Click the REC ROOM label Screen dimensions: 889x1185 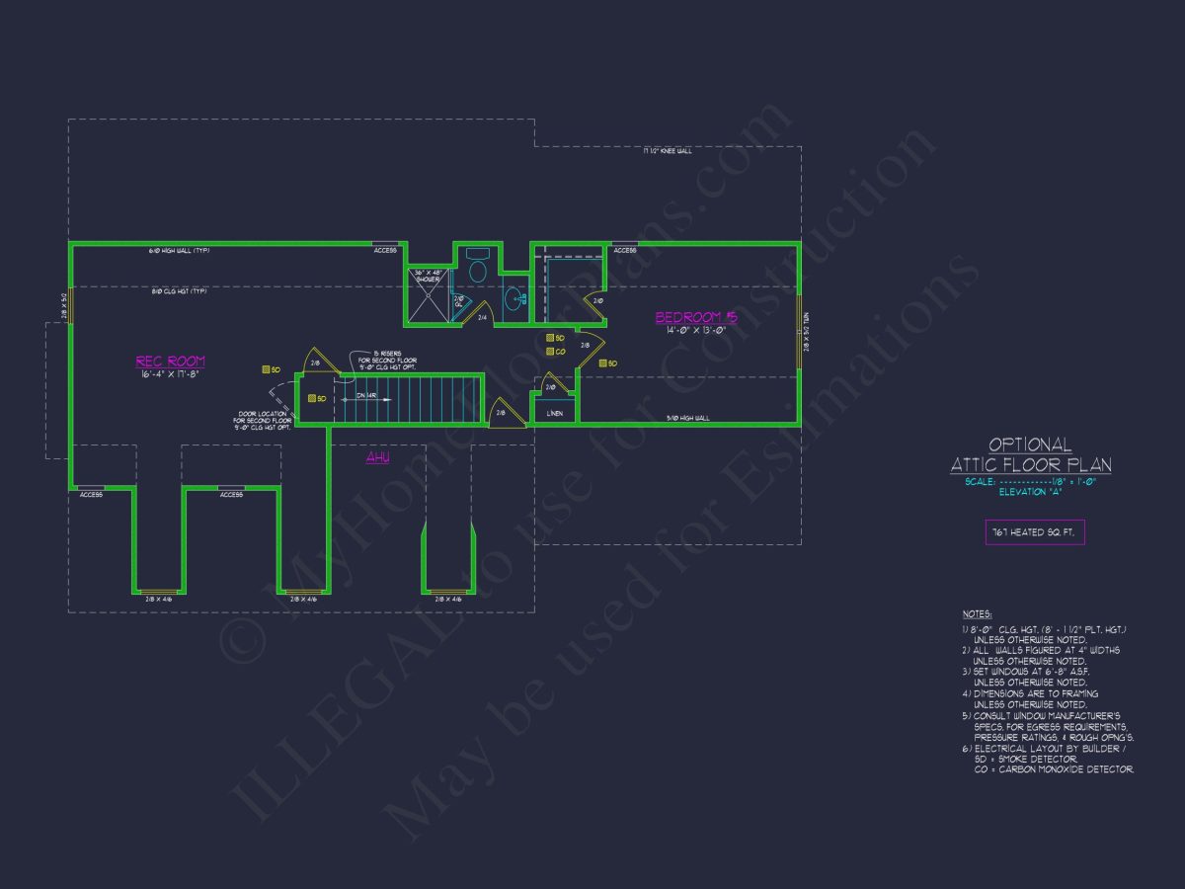[x=170, y=362]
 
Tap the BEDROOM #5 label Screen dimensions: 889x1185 [x=696, y=317]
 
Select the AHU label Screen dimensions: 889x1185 [x=377, y=457]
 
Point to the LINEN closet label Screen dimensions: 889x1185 [x=555, y=413]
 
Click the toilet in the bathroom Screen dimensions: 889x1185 [x=478, y=269]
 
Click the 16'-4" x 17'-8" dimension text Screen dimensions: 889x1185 [x=170, y=374]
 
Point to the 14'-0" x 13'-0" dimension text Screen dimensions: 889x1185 [x=696, y=331]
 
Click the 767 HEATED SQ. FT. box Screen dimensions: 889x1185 [x=1034, y=531]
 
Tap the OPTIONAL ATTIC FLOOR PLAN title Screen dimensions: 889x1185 [x=1031, y=455]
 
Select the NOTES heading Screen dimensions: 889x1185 [x=977, y=613]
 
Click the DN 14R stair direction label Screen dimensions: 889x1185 [x=366, y=396]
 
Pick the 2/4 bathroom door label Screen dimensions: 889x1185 [x=482, y=317]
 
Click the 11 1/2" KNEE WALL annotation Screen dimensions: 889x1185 [x=668, y=151]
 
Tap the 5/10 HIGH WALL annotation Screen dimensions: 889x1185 [x=688, y=418]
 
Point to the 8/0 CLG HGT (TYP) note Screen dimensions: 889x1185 [x=178, y=291]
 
